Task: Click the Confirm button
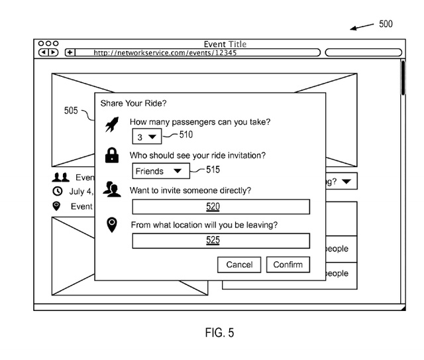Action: click(288, 265)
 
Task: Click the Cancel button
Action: click(239, 265)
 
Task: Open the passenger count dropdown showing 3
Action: click(146, 137)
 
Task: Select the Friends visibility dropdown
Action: click(161, 171)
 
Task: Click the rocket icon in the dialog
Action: click(112, 124)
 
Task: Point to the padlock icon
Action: click(112, 156)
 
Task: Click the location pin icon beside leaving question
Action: click(112, 225)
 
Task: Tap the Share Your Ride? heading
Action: click(133, 103)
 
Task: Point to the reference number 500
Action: click(386, 24)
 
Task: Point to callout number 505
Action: click(71, 111)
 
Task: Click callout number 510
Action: click(186, 135)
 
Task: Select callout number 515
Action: click(213, 170)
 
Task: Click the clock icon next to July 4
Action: click(58, 192)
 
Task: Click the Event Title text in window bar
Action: click(225, 44)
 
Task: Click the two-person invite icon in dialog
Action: click(112, 191)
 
